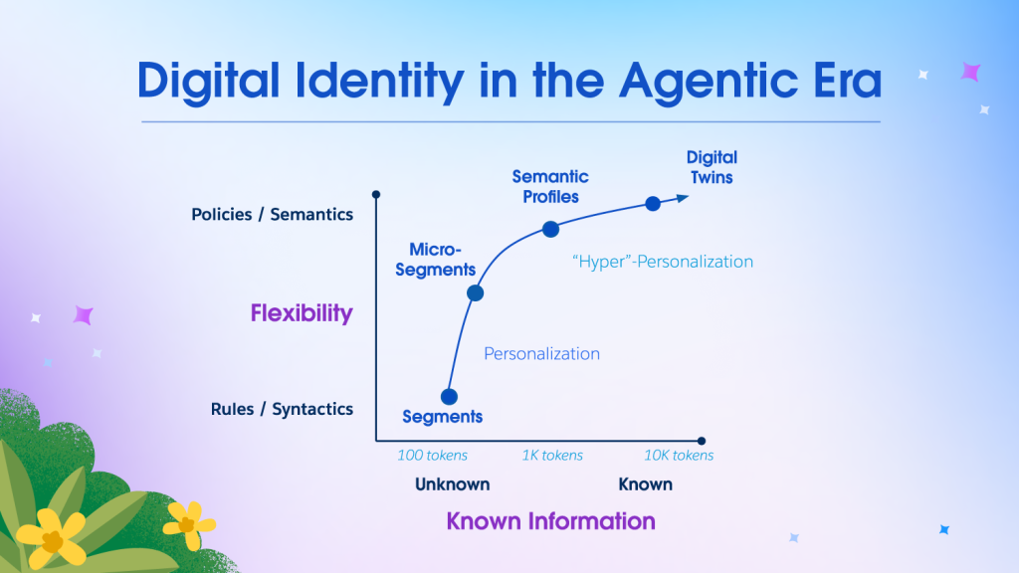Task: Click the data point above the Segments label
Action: tap(449, 396)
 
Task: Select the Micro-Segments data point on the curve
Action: tap(475, 293)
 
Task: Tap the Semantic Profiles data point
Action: tap(550, 229)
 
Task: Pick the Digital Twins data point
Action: tap(653, 203)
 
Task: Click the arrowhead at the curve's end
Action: tap(683, 197)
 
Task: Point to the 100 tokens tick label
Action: tap(433, 456)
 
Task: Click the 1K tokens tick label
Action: tap(552, 456)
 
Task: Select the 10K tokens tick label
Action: tap(679, 456)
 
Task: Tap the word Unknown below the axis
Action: tap(453, 484)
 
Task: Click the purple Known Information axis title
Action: tap(550, 520)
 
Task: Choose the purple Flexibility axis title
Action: tap(302, 313)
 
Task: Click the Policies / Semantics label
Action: tap(272, 214)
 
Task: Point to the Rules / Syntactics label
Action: tap(282, 409)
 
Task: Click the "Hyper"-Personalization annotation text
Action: tap(663, 262)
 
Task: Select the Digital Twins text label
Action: tap(712, 167)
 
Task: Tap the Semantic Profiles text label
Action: tap(550, 187)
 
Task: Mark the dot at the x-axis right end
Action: tap(702, 441)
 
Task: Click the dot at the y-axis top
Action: tap(376, 194)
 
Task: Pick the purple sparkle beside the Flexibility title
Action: tap(83, 315)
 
